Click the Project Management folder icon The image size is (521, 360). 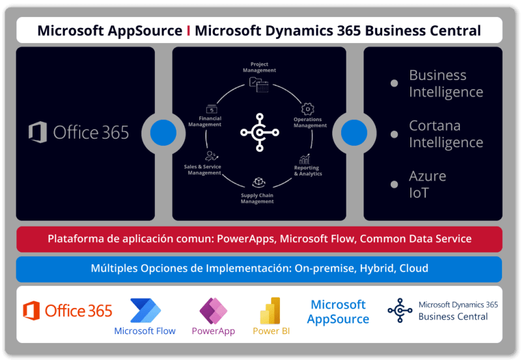[x=259, y=83]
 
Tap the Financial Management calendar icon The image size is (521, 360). [x=211, y=109]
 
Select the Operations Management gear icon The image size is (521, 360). [x=308, y=109]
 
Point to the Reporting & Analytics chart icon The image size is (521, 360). [x=304, y=159]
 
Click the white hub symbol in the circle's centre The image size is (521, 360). [x=259, y=132]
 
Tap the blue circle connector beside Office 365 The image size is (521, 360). [x=163, y=133]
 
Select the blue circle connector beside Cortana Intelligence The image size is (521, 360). [x=354, y=133]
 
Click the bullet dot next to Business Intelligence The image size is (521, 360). [x=394, y=83]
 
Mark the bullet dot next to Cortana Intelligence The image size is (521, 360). [x=394, y=134]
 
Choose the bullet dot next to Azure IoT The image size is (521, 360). [x=394, y=184]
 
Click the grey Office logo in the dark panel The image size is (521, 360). [x=37, y=133]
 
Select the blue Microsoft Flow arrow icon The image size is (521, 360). [x=145, y=311]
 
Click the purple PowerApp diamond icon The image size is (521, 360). [x=213, y=311]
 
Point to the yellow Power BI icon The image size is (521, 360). [x=270, y=311]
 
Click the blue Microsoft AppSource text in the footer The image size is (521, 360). [x=338, y=312]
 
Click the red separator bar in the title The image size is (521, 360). [x=188, y=31]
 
